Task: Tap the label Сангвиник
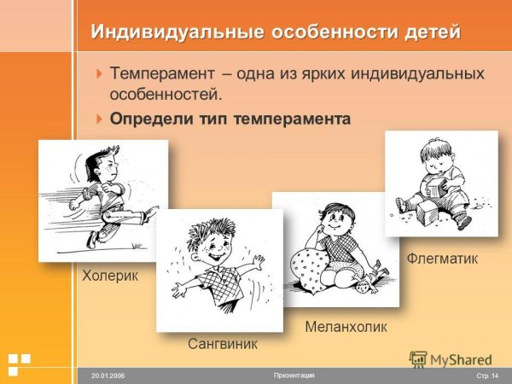222,343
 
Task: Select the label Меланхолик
346,327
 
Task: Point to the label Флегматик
442,257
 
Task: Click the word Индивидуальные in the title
165,32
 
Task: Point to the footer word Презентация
294,375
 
